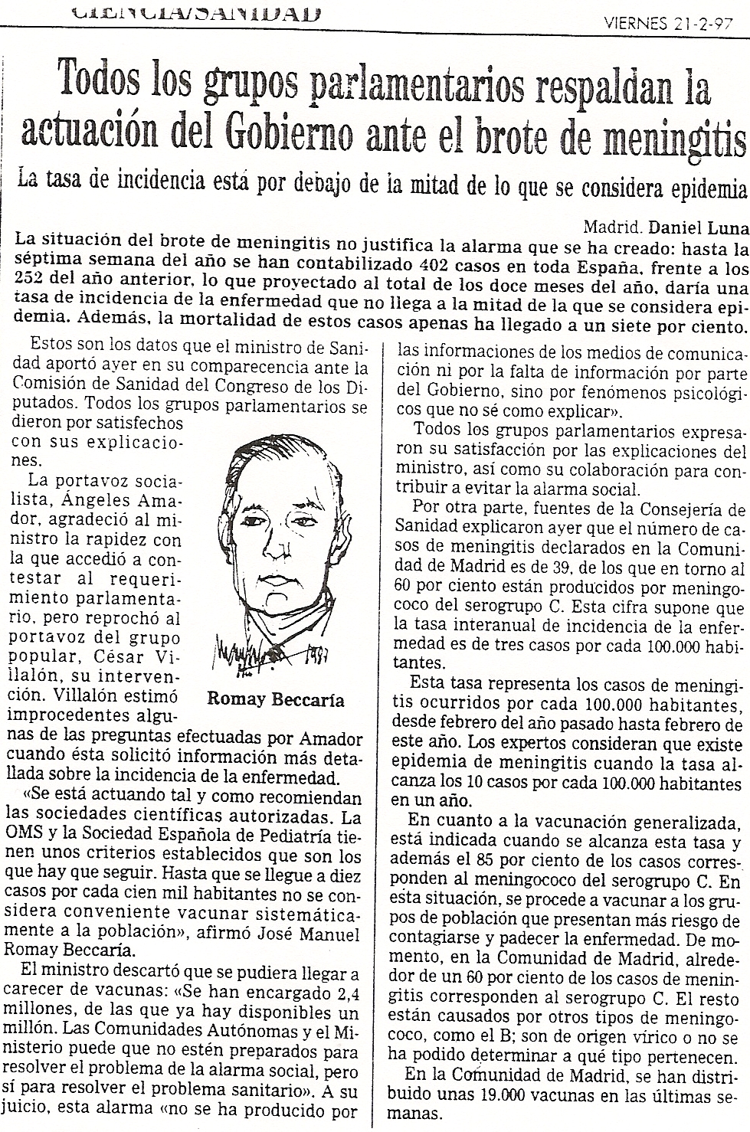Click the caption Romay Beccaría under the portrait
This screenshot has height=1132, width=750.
click(x=276, y=699)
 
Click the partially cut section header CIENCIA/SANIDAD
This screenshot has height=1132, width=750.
click(x=195, y=11)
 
